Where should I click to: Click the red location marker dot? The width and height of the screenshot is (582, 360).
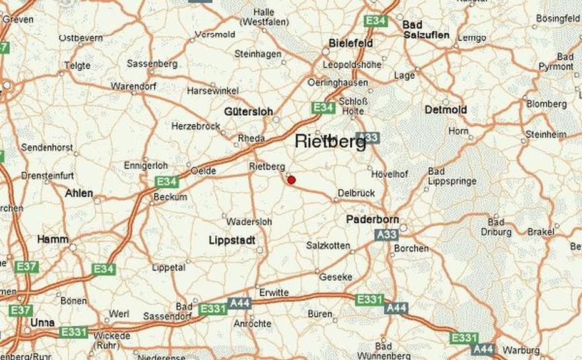point(291,180)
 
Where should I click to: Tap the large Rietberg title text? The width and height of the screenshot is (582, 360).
point(330,143)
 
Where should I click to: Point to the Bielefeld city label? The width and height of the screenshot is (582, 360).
point(351,43)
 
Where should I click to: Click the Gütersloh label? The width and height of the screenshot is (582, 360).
point(248,111)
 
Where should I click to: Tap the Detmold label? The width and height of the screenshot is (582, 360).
point(446,110)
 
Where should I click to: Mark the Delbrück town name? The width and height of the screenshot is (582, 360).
point(356,193)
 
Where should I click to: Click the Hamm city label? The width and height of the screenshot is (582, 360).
point(53,239)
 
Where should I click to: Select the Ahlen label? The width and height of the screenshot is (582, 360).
point(79,193)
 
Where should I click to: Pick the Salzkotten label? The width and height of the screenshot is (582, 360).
point(328,245)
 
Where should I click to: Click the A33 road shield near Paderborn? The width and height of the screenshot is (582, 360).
point(387,235)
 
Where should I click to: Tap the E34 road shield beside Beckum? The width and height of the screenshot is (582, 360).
point(167,182)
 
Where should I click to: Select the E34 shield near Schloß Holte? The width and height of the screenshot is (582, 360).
point(324,108)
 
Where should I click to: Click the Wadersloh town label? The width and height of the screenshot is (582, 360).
point(249,222)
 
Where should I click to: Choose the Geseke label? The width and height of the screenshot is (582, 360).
point(336,277)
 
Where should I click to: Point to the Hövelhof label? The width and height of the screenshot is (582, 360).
point(390,174)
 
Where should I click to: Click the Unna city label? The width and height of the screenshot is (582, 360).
point(43,322)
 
